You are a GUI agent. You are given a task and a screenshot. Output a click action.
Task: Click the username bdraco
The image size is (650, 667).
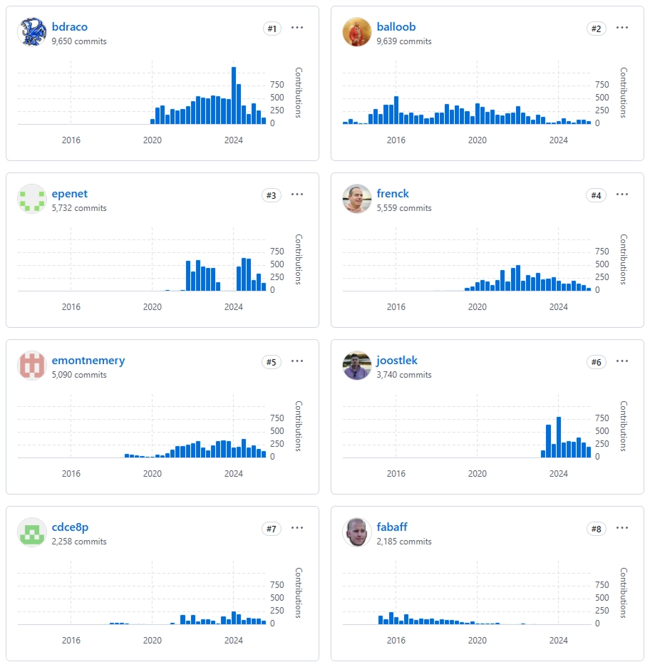point(69,27)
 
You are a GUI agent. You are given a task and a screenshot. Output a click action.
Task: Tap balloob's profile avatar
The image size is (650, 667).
point(356,32)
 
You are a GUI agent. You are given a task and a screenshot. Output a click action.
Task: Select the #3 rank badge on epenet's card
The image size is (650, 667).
point(272,195)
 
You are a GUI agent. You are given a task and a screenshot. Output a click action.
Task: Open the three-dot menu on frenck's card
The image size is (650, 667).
point(622,195)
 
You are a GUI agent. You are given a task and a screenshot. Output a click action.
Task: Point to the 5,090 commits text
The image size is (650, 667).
point(79,375)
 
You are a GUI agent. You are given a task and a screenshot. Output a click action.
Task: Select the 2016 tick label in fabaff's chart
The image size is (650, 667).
point(396,641)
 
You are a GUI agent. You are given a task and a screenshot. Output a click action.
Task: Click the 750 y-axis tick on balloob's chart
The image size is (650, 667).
point(602,85)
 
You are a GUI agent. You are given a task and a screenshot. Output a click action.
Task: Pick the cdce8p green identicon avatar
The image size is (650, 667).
point(31,532)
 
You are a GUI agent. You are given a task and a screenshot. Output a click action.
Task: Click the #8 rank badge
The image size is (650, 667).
point(597,529)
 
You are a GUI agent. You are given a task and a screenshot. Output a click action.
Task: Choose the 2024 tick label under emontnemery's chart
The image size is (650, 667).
point(234,474)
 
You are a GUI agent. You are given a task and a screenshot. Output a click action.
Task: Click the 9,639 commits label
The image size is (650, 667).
point(404,41)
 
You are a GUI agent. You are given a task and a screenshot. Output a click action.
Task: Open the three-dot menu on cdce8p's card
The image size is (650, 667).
point(297,528)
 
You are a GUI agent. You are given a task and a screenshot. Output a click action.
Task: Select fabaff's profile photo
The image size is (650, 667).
point(356,532)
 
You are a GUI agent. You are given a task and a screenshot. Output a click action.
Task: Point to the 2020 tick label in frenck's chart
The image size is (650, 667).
point(477,307)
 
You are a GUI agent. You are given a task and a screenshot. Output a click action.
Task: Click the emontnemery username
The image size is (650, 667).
point(88,361)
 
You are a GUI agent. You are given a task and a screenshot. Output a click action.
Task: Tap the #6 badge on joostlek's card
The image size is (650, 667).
point(597,362)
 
